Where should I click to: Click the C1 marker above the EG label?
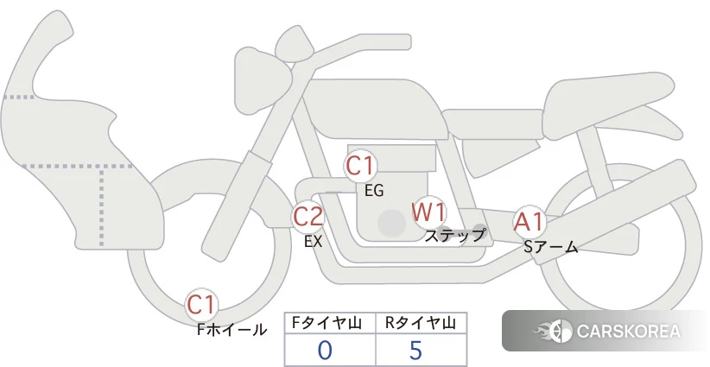click(360, 166)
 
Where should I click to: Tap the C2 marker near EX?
click(307, 216)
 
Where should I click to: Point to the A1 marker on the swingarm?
click(529, 222)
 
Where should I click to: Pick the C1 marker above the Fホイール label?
click(200, 305)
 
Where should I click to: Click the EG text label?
click(374, 191)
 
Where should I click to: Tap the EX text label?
click(314, 242)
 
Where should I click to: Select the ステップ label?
click(455, 236)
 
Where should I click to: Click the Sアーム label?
click(550, 247)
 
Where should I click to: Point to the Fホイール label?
click(231, 330)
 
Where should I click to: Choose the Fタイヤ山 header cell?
click(330, 323)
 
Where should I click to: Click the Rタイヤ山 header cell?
click(422, 323)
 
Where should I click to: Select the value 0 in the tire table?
click(325, 351)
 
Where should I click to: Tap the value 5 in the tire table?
click(415, 351)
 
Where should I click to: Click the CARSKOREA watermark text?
click(629, 331)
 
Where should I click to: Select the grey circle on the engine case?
click(391, 223)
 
